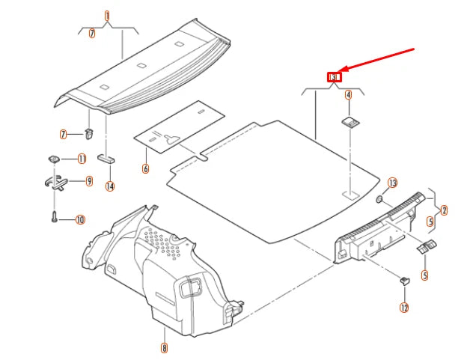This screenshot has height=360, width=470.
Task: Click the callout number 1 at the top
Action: coord(106,16)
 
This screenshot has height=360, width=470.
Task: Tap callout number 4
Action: coord(348,95)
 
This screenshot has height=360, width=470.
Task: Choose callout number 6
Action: coord(145,168)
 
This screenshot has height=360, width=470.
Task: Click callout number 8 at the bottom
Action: coord(164,347)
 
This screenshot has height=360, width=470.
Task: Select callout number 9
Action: coord(89,181)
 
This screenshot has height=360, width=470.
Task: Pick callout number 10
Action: coord(80,220)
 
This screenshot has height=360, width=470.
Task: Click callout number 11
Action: coord(82,159)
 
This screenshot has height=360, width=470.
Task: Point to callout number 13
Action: coord(393,183)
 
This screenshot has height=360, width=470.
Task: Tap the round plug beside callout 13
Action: coord(379,199)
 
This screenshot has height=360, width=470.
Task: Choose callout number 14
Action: coord(110,186)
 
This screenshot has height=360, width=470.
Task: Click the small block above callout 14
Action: coord(106,159)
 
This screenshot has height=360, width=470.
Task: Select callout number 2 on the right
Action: coord(444,210)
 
